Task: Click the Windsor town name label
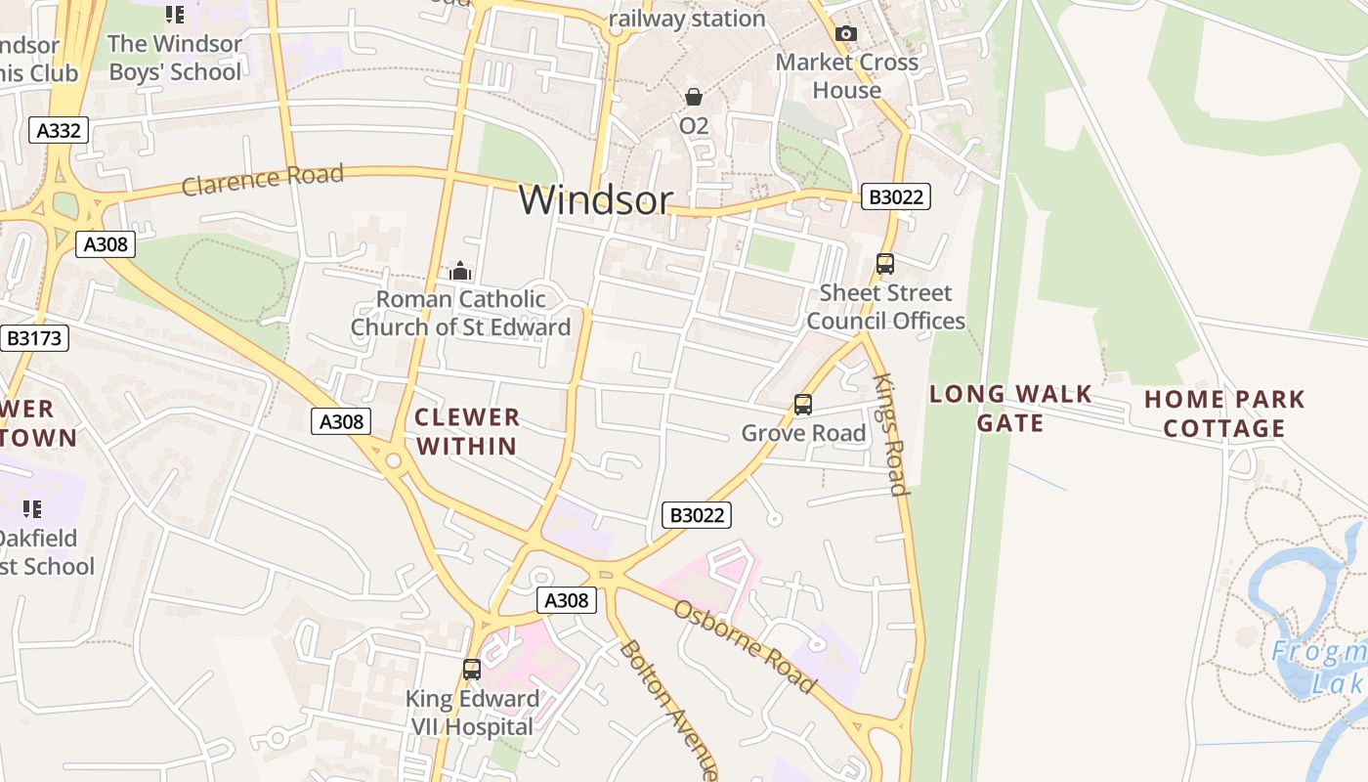pos(595,199)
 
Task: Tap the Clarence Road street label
pos(263,179)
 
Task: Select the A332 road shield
pos(59,130)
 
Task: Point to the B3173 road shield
pos(34,338)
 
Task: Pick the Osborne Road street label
pos(745,645)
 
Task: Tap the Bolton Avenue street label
pos(670,708)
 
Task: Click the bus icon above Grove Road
pos(803,404)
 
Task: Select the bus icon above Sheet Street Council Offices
pos(885,264)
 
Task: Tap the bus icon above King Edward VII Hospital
pos(472,670)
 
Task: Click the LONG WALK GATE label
pos(1010,408)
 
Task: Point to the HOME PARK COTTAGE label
pos(1224,413)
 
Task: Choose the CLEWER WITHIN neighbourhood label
pos(466,431)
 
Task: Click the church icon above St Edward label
pos(460,271)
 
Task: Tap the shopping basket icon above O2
pos(694,97)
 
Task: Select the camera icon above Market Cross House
pos(846,34)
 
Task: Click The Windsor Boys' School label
pos(175,58)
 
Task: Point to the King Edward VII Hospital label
pos(473,713)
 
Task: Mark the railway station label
pos(687,19)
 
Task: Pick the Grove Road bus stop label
pos(803,432)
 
